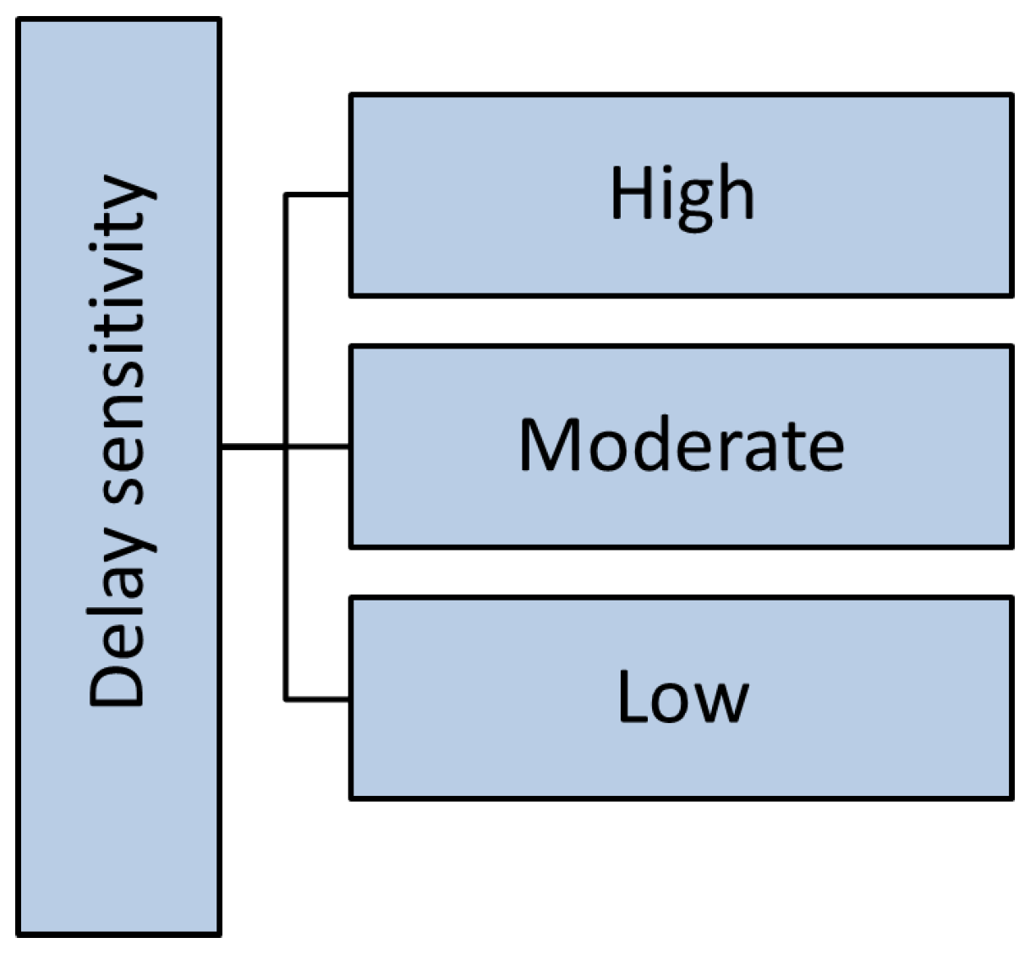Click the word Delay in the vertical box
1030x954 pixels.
120,626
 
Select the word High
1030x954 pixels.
682,195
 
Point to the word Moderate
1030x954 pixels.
682,445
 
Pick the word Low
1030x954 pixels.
682,697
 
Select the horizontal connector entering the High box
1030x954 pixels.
318,195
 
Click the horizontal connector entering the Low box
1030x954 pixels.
318,699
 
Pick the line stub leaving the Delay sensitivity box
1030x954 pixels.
252,446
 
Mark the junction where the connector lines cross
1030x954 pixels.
286,446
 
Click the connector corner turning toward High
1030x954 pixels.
286,195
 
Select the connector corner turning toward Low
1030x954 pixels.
286,699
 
